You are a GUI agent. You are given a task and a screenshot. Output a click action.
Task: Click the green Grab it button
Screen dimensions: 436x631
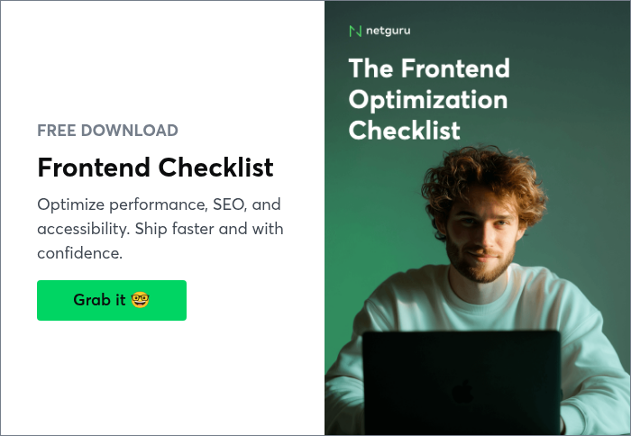point(111,300)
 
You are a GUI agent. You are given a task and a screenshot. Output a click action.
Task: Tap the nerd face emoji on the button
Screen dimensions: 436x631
point(140,300)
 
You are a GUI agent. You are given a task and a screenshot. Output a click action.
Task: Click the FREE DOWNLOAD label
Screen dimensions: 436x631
point(107,131)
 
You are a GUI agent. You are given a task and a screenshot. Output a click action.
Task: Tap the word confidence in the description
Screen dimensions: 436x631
point(78,253)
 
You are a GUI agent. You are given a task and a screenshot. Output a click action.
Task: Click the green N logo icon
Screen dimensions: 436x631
point(354,32)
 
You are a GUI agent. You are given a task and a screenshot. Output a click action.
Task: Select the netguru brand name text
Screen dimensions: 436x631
point(389,32)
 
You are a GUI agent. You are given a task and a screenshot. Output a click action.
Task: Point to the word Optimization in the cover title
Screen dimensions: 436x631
point(427,99)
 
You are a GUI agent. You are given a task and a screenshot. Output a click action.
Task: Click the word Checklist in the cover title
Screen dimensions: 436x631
point(404,130)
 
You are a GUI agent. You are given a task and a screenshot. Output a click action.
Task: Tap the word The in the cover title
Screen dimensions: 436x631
point(370,68)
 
